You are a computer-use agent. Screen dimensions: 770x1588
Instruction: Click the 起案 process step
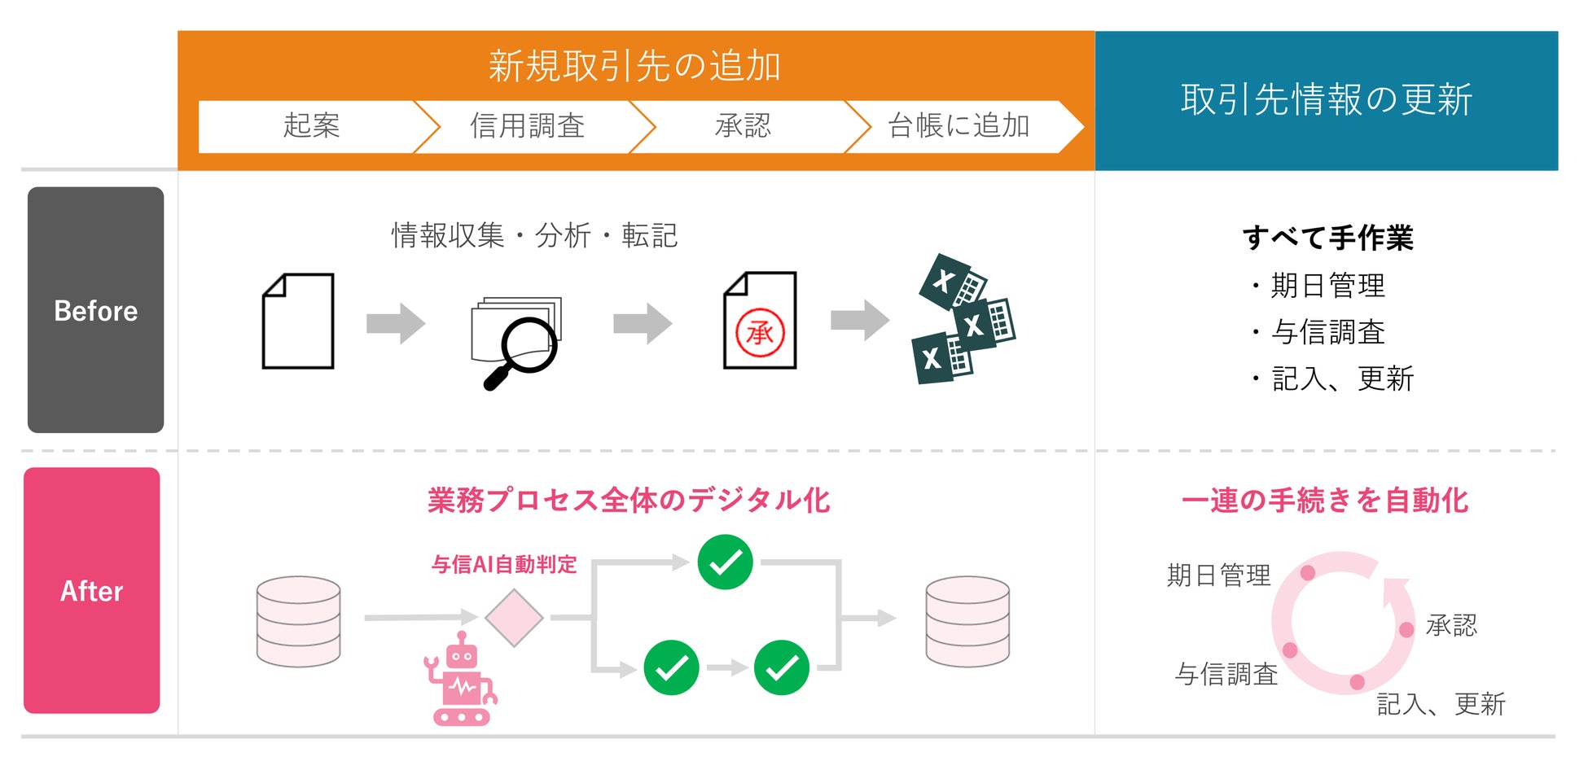311,126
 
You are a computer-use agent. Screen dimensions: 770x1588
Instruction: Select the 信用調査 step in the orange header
528,126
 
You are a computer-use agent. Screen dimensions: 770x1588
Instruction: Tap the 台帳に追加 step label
959,126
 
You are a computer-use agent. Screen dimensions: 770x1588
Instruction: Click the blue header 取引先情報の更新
1326,100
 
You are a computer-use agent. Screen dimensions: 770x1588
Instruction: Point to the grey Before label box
95,310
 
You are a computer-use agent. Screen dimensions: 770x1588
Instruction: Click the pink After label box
91,590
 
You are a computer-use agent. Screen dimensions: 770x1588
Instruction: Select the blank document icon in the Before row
298,321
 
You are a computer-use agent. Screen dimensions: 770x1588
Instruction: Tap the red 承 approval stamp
760,333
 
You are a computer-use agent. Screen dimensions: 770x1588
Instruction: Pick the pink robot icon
460,680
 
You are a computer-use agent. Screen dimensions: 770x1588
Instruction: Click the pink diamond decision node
514,618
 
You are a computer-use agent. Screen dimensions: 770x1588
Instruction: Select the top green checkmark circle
725,562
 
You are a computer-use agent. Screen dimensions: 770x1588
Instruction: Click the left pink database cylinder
298,622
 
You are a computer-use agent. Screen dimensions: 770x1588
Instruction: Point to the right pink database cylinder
967,622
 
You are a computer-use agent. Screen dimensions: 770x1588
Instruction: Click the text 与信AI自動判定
504,564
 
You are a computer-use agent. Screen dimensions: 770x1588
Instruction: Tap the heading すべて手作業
1327,238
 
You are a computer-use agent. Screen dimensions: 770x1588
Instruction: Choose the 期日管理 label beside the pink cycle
1218,575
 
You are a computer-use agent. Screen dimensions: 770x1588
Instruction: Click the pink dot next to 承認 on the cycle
1406,629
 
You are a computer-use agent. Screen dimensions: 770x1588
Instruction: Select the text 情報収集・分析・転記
534,236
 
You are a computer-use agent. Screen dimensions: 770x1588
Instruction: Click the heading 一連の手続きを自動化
1325,501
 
